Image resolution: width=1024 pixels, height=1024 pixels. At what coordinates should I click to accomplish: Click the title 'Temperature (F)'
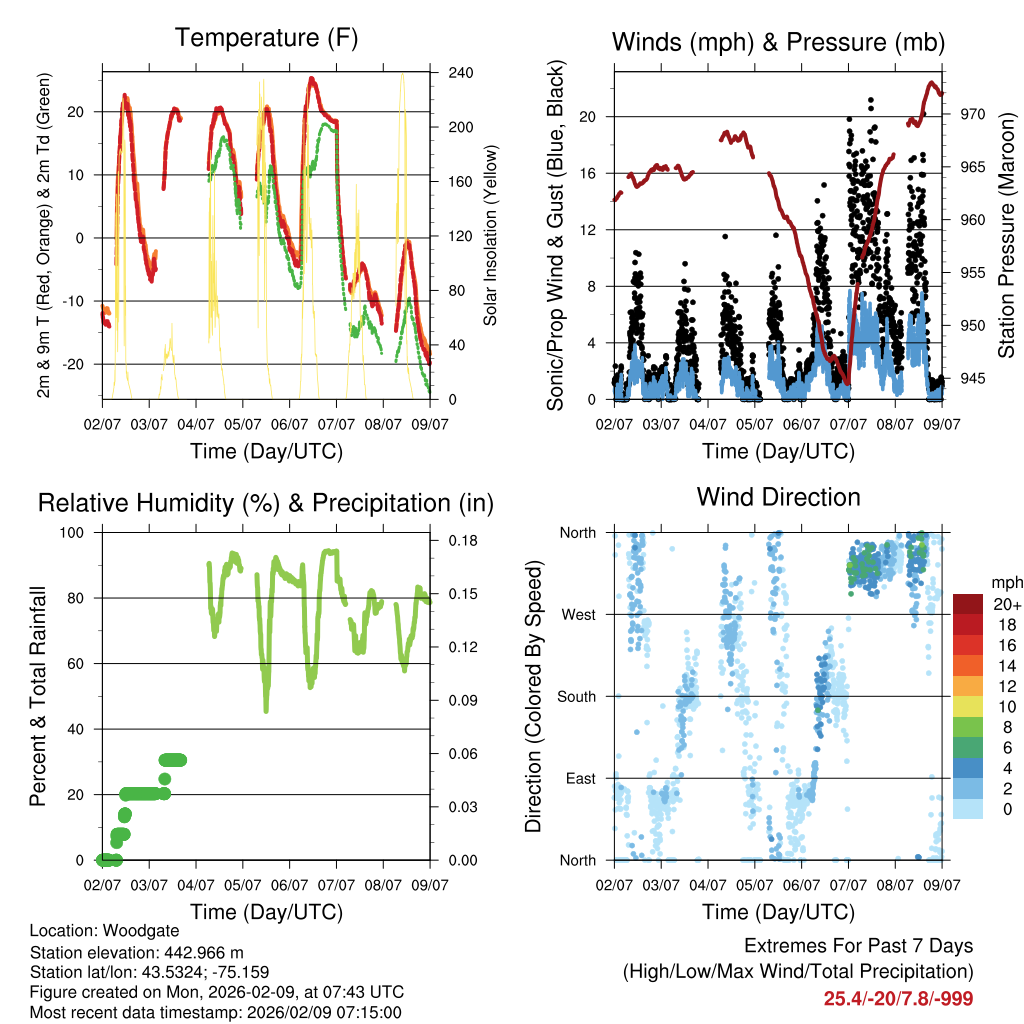(266, 38)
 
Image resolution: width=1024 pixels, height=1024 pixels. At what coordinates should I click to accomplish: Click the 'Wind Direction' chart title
(778, 497)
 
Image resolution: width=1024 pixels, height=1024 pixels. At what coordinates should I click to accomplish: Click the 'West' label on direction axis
(578, 614)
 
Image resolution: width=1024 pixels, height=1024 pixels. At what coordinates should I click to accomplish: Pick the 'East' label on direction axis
(581, 778)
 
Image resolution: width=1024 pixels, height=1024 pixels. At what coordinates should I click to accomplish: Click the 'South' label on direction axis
(576, 696)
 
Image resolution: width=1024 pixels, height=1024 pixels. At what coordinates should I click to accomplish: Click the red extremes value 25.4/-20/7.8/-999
(898, 998)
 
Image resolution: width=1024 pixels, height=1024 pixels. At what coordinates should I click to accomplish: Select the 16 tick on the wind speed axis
(588, 173)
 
